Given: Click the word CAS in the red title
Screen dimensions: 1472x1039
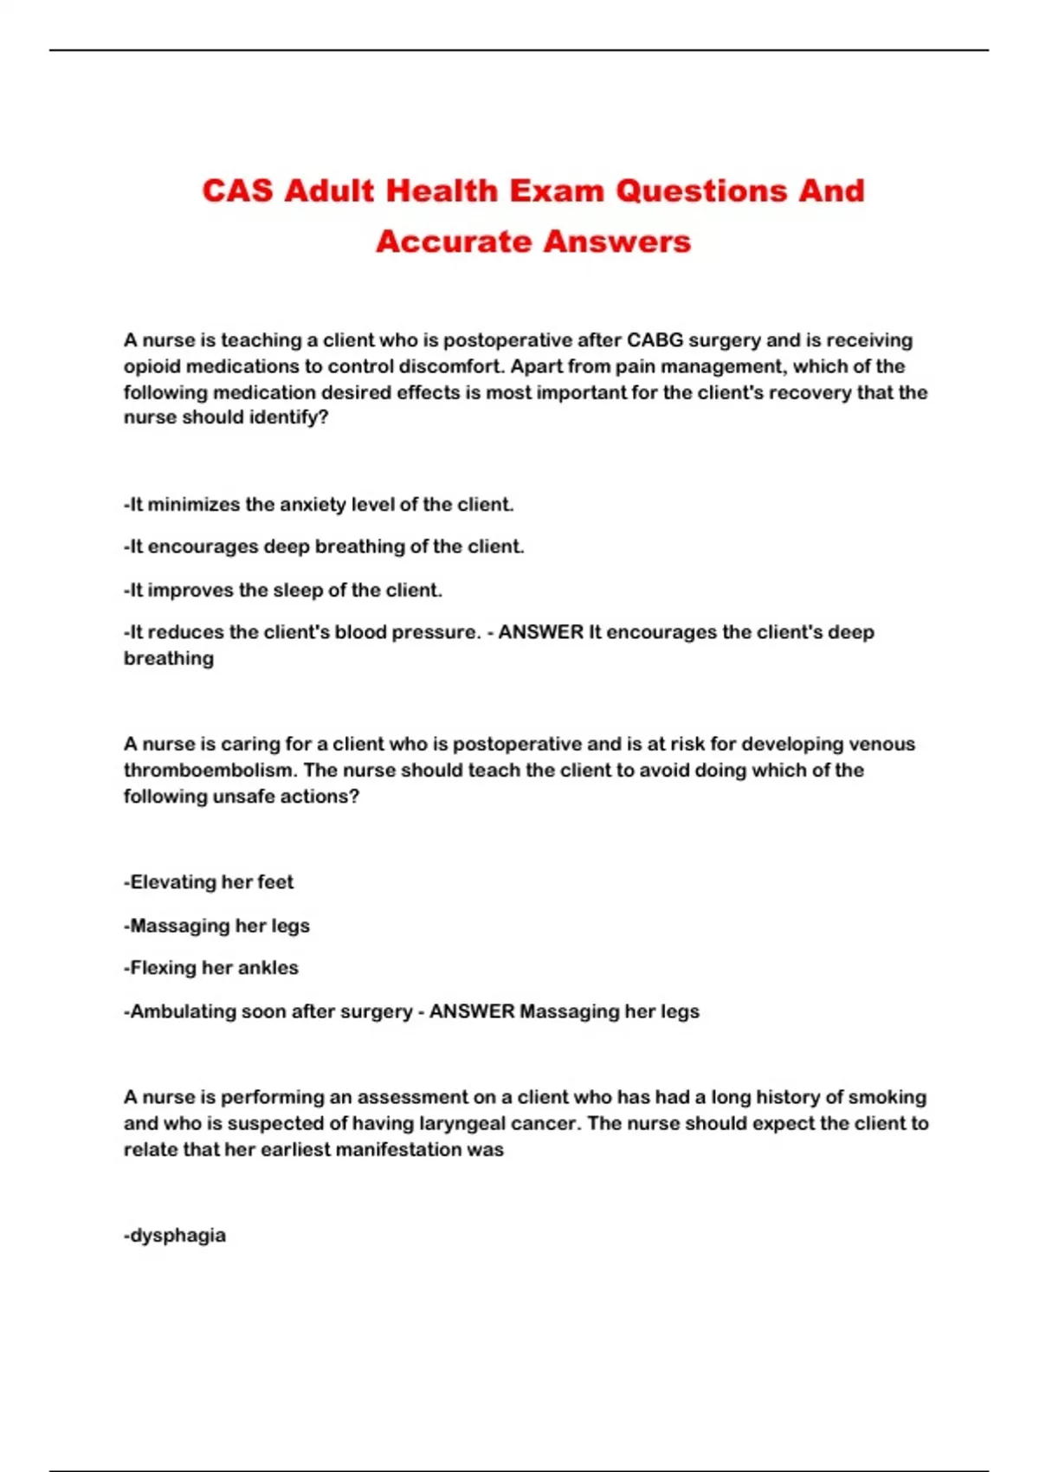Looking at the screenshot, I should (237, 190).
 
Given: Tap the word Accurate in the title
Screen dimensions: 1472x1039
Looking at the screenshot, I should (447, 242).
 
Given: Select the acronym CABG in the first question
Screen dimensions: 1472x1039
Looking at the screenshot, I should (655, 340).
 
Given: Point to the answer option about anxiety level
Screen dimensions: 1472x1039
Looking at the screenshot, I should (319, 504).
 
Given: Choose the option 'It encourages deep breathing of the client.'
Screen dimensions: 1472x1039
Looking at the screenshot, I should (324, 547).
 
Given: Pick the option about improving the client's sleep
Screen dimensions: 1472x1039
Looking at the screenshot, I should (283, 591).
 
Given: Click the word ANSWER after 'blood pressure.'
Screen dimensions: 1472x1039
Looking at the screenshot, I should (541, 633).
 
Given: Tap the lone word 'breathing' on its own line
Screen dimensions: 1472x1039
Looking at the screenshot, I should (169, 659).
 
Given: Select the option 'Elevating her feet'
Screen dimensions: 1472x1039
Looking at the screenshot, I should (209, 882).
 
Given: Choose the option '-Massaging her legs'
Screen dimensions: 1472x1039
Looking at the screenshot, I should (216, 926).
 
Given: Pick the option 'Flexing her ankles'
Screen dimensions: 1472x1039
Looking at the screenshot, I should (211, 968).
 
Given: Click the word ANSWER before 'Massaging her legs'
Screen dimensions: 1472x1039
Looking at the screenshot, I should (472, 1011).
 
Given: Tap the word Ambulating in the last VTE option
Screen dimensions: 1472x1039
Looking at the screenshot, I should (174, 1011).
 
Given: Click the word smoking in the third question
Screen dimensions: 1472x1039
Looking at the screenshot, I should (887, 1098).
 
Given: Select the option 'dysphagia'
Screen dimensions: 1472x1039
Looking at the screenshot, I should (175, 1236).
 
